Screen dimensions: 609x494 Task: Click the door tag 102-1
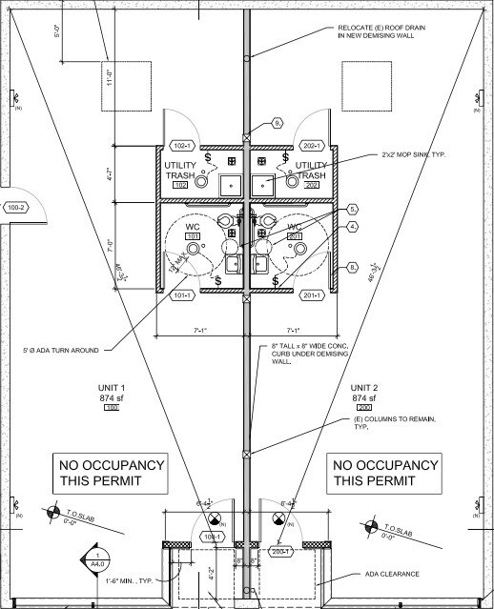[x=181, y=146]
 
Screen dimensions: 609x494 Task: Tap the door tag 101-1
[x=180, y=295]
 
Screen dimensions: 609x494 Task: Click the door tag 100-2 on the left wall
[x=14, y=207]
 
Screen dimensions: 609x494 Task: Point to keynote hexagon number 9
[x=278, y=123]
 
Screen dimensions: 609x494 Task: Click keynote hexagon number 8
[x=352, y=267]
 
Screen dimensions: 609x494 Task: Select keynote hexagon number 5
[x=352, y=208]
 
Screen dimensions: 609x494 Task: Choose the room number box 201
[x=295, y=236]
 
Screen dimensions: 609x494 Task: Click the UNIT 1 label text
[x=112, y=387]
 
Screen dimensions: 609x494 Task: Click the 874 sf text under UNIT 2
[x=366, y=397]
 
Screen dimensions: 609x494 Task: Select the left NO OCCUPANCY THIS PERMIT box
[x=112, y=473]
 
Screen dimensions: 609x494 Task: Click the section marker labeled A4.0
[x=97, y=558]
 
